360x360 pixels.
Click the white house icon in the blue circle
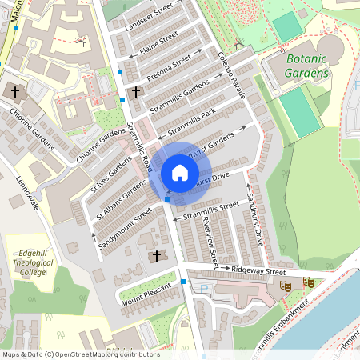180,172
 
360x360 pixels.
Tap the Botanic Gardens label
307,66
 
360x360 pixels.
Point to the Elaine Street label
158,42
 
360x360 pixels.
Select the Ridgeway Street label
258,272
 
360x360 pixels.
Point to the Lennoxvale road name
27,193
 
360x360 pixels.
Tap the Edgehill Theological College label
33,262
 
